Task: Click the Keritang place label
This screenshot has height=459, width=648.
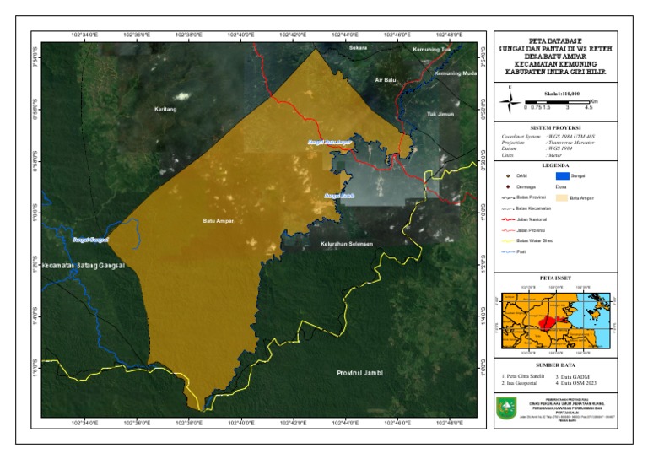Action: (165, 109)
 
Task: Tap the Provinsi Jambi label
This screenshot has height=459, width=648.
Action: (359, 372)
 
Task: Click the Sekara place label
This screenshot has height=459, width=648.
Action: (359, 48)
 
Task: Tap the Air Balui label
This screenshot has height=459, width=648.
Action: (386, 80)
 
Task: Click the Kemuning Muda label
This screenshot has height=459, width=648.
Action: (455, 73)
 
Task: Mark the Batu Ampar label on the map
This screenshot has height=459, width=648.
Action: (218, 221)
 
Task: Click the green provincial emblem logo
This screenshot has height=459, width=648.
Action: (506, 407)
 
